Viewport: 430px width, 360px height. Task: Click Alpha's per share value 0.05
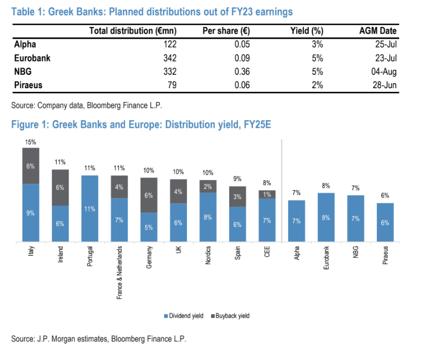tap(242, 45)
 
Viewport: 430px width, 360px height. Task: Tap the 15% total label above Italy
tap(30, 142)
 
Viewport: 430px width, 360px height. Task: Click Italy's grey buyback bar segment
tap(30, 166)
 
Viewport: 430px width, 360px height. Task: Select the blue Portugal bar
tap(90, 208)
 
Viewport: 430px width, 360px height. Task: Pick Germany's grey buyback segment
tap(149, 195)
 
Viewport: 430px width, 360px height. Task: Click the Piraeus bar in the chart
tap(385, 222)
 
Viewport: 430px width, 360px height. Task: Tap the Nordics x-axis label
tap(208, 255)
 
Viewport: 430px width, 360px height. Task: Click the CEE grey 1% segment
tap(267, 194)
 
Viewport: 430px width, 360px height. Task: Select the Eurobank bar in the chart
tap(326, 217)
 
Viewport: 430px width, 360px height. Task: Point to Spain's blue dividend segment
tap(237, 224)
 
